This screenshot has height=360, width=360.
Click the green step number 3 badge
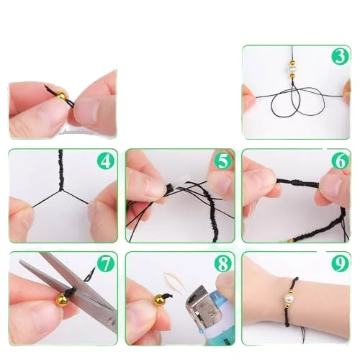(341, 56)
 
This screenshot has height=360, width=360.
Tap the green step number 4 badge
(106, 161)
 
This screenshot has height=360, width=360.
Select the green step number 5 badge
(223, 161)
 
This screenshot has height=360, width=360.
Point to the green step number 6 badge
(341, 161)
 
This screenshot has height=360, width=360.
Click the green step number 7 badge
(106, 264)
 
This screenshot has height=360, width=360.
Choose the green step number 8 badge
(223, 264)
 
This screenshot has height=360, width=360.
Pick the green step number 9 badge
(341, 264)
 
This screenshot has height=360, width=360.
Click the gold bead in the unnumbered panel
(62, 96)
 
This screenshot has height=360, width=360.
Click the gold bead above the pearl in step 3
(292, 63)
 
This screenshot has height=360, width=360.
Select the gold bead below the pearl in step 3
(292, 76)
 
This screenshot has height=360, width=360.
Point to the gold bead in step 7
(62, 299)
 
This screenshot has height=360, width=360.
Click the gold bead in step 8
(159, 300)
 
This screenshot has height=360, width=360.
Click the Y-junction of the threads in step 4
(60, 191)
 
